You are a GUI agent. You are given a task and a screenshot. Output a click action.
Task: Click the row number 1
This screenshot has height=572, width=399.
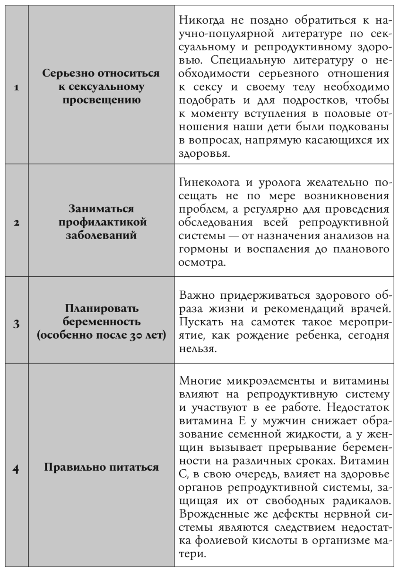(16, 88)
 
